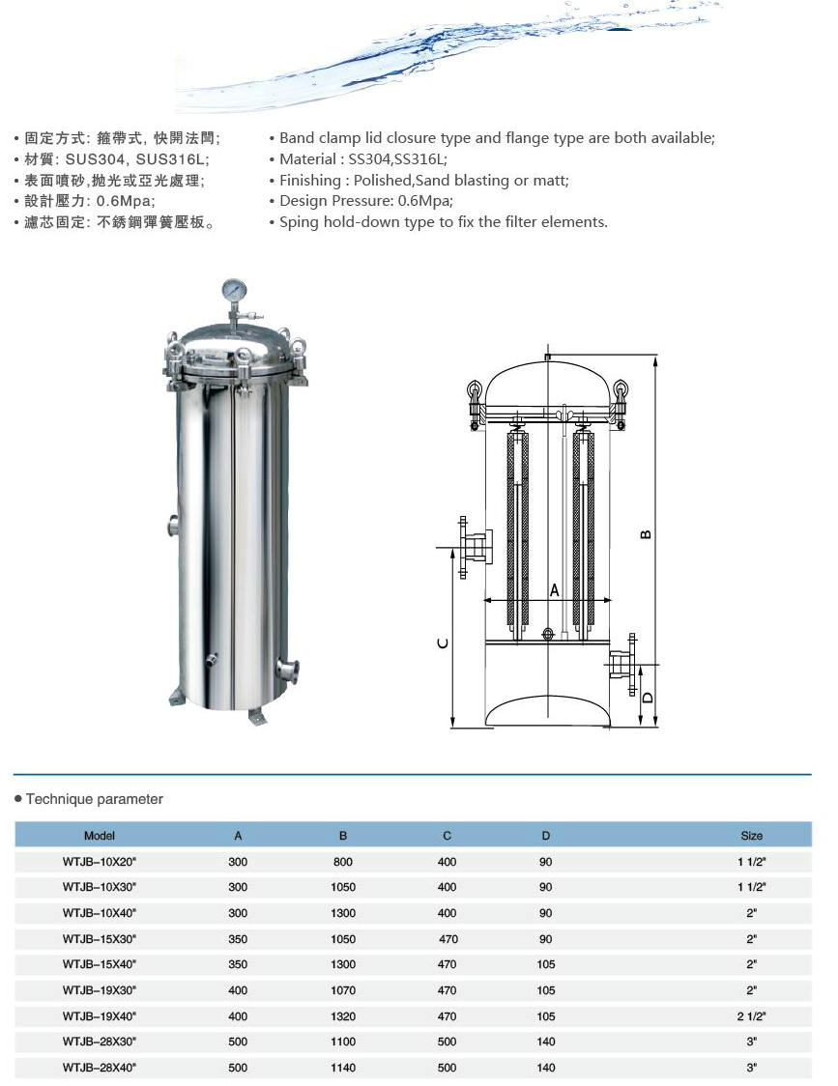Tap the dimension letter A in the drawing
pyautogui.click(x=555, y=589)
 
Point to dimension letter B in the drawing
pyautogui.click(x=647, y=533)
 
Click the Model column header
pyautogui.click(x=100, y=835)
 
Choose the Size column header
pyautogui.click(x=751, y=835)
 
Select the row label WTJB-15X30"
pyautogui.click(x=100, y=938)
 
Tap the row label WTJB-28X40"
pyautogui.click(x=100, y=1068)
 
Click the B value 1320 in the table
pyautogui.click(x=342, y=1015)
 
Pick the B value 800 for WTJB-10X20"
pyautogui.click(x=342, y=861)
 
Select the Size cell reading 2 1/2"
pyautogui.click(x=751, y=1015)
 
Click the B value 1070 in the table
pyautogui.click(x=342, y=990)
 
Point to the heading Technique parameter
pyautogui.click(x=94, y=799)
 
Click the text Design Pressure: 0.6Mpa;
pyautogui.click(x=365, y=201)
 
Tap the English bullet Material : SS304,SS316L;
pyautogui.click(x=362, y=159)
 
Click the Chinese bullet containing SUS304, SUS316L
pyautogui.click(x=116, y=159)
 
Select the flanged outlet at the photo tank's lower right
pyautogui.click(x=286, y=670)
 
